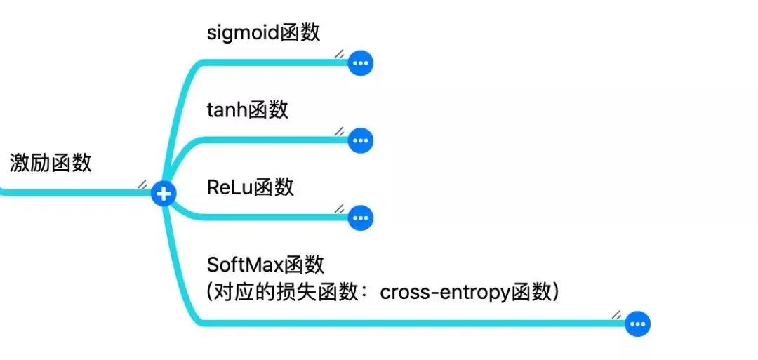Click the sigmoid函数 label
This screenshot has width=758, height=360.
[x=264, y=33]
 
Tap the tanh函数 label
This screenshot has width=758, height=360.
[x=248, y=110]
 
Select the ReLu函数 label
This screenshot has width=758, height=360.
[x=251, y=187]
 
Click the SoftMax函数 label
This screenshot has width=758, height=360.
[x=265, y=265]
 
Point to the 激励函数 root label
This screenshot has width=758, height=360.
[x=51, y=163]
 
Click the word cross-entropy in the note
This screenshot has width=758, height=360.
[x=444, y=292]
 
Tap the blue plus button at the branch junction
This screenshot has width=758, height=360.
[x=164, y=194]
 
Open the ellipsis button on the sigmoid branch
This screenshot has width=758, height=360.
[x=361, y=64]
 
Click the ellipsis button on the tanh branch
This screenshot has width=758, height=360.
[x=361, y=141]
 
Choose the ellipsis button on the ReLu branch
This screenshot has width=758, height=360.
[x=361, y=218]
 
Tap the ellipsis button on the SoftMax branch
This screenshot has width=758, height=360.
[x=638, y=324]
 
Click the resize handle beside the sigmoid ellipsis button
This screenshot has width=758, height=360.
[x=339, y=53]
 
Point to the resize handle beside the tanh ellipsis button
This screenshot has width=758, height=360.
[x=339, y=131]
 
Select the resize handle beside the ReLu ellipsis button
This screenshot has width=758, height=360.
[x=339, y=208]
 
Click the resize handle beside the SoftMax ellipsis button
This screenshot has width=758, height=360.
[x=617, y=314]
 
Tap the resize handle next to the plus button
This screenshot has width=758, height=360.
[x=142, y=184]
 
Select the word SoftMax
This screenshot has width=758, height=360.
[x=241, y=265]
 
